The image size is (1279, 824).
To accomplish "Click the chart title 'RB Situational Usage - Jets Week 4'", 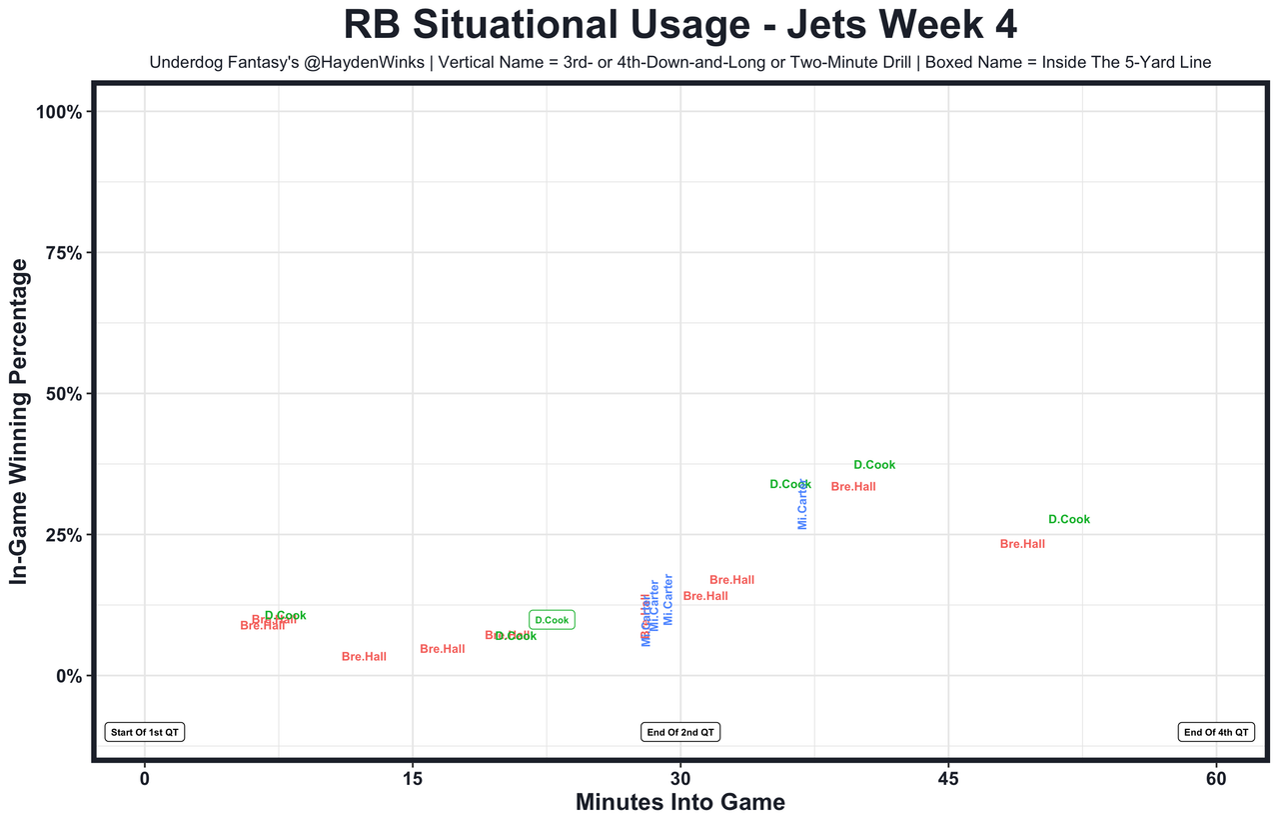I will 679,25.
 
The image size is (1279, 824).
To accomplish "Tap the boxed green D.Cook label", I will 552,620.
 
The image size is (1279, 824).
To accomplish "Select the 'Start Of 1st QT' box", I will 145,732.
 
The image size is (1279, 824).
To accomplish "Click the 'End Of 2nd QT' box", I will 680,732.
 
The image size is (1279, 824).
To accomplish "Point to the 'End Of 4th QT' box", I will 1216,732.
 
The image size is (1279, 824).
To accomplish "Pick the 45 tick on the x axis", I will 949,777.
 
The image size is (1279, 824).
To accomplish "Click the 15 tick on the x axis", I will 413,777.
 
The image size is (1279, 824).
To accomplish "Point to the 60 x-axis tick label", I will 1216,777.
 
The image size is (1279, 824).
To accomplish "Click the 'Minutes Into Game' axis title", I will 679,803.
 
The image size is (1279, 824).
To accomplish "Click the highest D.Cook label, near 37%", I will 874,465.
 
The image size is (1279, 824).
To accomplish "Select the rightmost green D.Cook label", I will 1069,520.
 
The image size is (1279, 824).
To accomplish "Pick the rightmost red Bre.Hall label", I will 1022,544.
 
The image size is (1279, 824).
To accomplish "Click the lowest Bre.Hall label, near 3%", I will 364,657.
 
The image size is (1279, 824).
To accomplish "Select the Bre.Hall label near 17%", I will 731,580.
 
